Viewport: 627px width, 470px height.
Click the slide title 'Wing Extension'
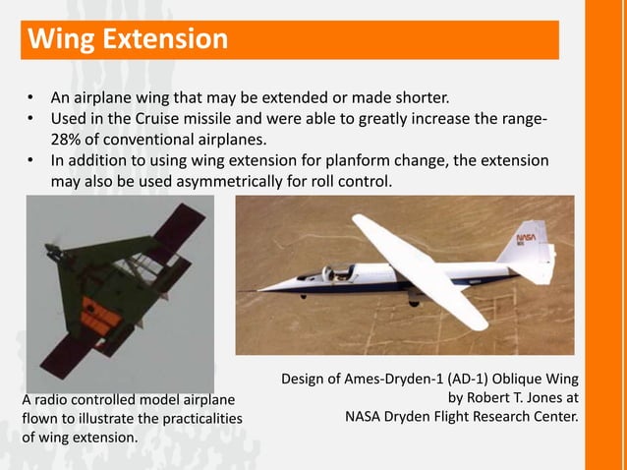[x=128, y=40]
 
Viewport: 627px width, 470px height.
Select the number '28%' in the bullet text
[x=68, y=141]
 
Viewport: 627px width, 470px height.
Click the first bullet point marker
[x=31, y=99]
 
